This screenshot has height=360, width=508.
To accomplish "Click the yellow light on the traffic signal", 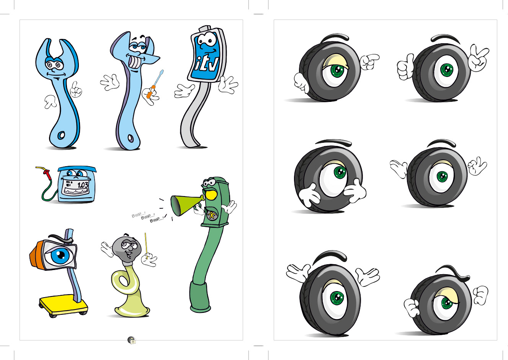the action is click(x=211, y=195).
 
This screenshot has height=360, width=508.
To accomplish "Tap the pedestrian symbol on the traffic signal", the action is click(x=211, y=215).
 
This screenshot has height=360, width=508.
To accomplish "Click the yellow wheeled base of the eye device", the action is click(x=64, y=306).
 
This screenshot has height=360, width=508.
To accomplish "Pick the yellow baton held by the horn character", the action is click(x=146, y=245).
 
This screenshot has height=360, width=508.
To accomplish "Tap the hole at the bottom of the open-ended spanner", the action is click(x=61, y=135).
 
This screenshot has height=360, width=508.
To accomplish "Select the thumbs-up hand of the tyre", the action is click(x=405, y=68).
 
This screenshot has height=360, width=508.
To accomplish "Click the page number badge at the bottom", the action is click(x=132, y=340).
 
